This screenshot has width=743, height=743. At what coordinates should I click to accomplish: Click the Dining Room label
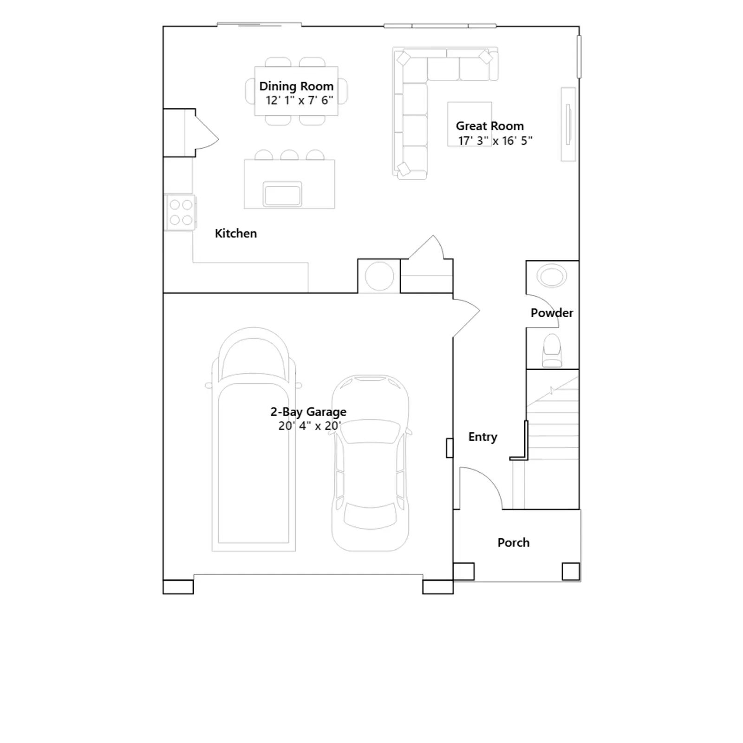point(296,86)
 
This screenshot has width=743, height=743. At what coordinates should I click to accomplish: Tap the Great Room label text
point(489,126)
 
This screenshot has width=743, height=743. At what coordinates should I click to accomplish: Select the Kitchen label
point(235,233)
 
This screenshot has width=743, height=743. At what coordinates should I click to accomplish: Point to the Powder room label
point(552,313)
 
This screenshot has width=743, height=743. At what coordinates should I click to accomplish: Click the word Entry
point(482,437)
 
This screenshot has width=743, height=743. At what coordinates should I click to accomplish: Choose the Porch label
point(513,542)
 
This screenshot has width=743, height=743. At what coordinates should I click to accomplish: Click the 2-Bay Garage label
point(308,412)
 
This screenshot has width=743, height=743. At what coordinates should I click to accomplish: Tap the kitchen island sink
point(282,194)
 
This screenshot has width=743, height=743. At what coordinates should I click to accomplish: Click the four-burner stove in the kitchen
point(181,212)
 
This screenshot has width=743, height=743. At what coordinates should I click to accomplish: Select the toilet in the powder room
point(552,350)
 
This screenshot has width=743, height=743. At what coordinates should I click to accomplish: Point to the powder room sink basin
point(552,276)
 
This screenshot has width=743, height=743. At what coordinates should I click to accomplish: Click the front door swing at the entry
point(481,488)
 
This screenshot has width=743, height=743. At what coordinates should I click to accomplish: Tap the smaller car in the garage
point(370,463)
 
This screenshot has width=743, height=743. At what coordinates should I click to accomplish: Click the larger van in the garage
point(254,439)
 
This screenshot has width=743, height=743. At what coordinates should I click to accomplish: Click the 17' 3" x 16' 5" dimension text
point(495,141)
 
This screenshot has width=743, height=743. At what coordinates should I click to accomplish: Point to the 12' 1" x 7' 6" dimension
point(299,100)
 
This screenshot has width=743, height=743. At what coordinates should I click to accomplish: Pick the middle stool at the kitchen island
point(289,155)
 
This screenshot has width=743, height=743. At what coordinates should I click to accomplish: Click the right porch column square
point(571,572)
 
